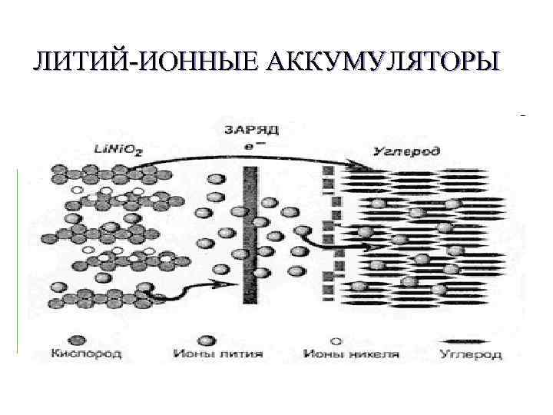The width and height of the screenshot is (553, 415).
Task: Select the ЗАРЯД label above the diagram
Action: click(247, 130)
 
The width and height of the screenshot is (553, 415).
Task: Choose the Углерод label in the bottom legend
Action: click(471, 354)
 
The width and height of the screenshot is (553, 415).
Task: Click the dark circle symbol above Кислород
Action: click(76, 340)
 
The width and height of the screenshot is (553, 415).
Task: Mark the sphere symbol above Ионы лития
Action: click(205, 340)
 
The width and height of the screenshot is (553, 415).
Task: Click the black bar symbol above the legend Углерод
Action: click(470, 340)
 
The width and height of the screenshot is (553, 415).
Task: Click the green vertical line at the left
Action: click(17, 261)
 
